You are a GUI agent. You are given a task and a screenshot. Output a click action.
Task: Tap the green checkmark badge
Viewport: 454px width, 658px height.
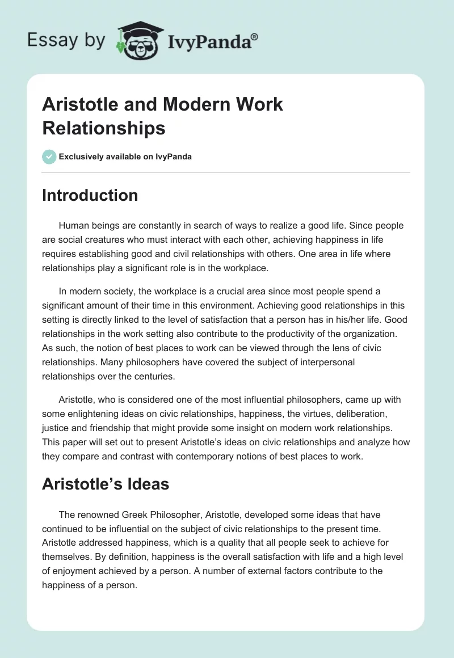49,157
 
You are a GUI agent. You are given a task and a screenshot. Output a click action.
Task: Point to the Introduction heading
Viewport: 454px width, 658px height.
90,195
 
